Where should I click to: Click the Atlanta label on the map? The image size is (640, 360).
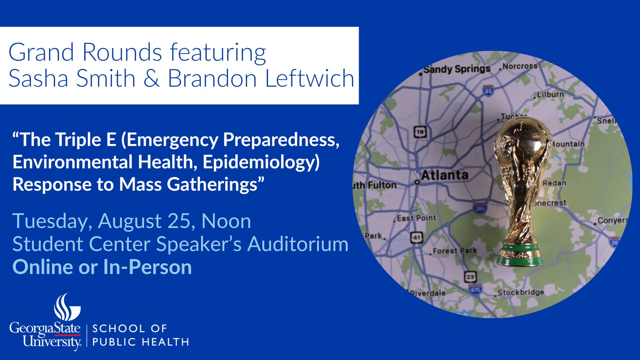tap(445, 175)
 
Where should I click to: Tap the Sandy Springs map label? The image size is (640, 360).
tap(457, 69)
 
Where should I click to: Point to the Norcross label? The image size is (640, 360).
tap(520, 66)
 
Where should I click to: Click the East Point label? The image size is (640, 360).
tap(416, 218)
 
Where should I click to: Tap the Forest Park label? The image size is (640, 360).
tap(455, 251)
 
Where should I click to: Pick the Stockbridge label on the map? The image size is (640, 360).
tap(521, 292)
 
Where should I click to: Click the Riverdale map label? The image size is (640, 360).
tap(428, 293)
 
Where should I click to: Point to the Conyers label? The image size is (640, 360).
tap(613, 220)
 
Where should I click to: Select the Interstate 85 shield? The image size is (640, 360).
tap(488, 90)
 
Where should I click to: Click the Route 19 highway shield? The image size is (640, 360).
tap(420, 132)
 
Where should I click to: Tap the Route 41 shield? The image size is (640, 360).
tap(417, 237)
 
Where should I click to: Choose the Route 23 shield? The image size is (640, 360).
tap(470, 276)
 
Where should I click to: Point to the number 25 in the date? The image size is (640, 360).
tap(182, 221)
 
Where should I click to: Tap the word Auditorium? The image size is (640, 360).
tap(298, 244)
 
